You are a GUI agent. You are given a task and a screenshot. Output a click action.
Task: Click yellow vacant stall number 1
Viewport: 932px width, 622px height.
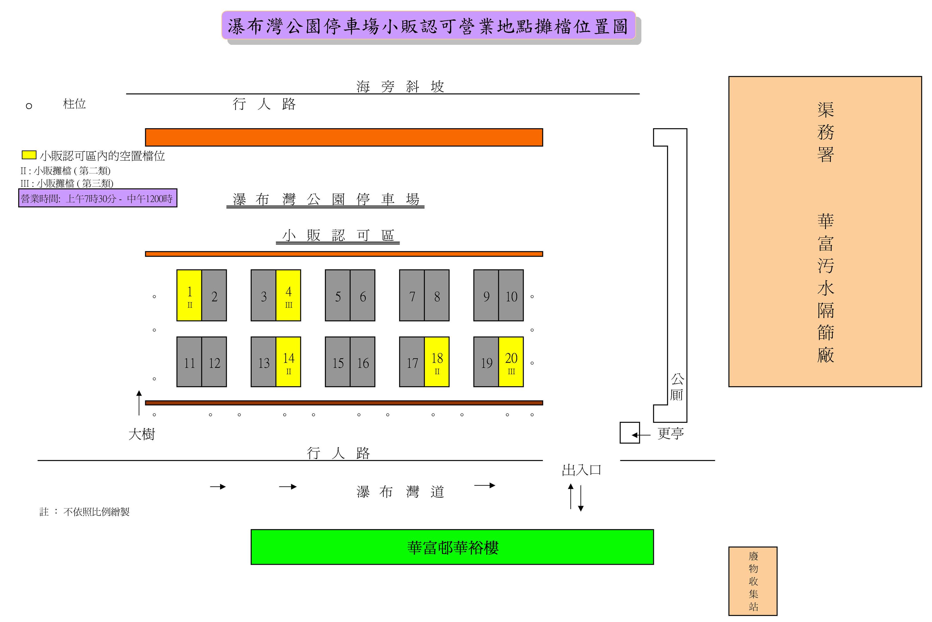pyautogui.click(x=189, y=295)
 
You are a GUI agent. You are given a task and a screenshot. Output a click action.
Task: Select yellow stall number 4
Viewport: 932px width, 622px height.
pyautogui.click(x=288, y=295)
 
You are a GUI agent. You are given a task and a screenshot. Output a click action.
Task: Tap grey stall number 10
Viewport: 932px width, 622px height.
pyautogui.click(x=511, y=295)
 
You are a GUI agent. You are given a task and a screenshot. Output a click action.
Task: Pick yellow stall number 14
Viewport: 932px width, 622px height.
pyautogui.click(x=288, y=362)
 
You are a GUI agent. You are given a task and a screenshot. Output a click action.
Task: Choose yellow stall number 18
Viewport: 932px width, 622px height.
pyautogui.click(x=437, y=362)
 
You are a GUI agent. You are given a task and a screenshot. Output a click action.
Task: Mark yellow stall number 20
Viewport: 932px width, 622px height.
pyautogui.click(x=511, y=362)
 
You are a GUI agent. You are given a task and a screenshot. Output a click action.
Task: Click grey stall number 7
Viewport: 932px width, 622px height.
pyautogui.click(x=412, y=295)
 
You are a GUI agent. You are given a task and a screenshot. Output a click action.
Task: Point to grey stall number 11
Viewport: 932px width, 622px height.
pyautogui.click(x=189, y=362)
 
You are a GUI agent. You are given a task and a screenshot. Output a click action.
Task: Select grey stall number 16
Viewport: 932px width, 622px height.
pyautogui.click(x=362, y=362)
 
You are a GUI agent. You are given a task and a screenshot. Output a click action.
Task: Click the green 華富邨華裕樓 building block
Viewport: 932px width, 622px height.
pyautogui.click(x=452, y=547)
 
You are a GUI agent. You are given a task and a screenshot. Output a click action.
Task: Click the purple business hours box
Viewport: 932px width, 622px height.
pyautogui.click(x=98, y=198)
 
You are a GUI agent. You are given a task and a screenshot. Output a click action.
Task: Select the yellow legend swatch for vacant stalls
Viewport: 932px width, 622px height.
pyautogui.click(x=29, y=155)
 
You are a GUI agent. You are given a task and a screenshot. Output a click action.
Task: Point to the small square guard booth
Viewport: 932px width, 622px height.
pyautogui.click(x=629, y=433)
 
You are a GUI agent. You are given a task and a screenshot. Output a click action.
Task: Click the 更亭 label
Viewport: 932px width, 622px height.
pyautogui.click(x=671, y=433)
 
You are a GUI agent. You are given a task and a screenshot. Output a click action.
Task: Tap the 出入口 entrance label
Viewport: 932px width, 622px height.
pyautogui.click(x=581, y=470)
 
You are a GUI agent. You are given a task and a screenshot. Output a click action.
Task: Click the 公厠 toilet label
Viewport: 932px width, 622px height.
pyautogui.click(x=677, y=387)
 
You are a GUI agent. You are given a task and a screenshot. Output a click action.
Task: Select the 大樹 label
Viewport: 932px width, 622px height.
pyautogui.click(x=142, y=434)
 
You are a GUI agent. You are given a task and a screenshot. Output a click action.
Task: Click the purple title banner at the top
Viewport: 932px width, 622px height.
pyautogui.click(x=428, y=25)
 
